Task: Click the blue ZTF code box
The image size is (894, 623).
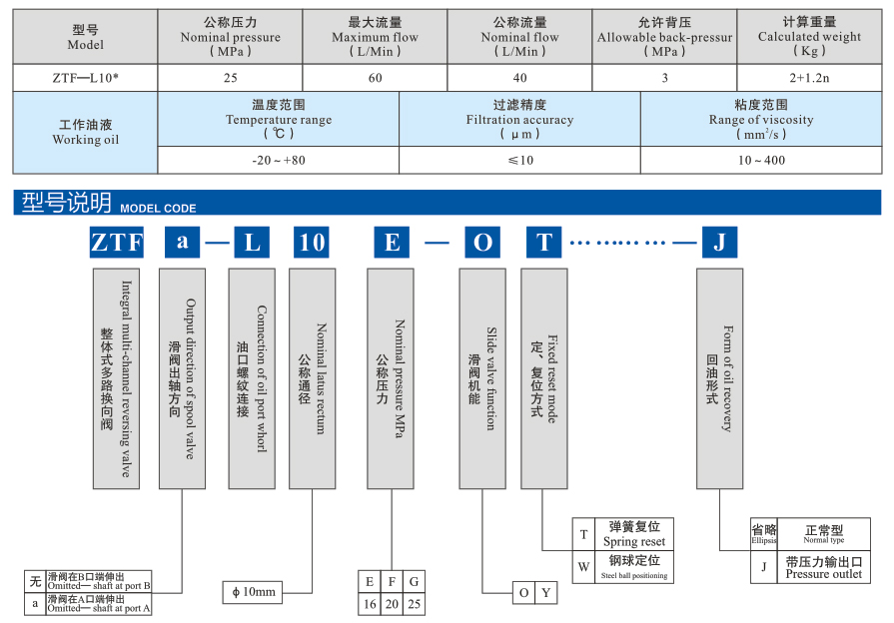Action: pyautogui.click(x=117, y=242)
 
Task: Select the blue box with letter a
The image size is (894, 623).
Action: pyautogui.click(x=182, y=242)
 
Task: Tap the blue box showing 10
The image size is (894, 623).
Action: pyautogui.click(x=313, y=242)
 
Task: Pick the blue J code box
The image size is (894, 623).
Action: pyautogui.click(x=719, y=242)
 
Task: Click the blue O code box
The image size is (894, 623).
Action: pyautogui.click(x=482, y=242)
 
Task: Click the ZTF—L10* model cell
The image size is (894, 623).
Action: pyautogui.click(x=85, y=77)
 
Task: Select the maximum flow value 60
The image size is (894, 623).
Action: pyautogui.click(x=375, y=77)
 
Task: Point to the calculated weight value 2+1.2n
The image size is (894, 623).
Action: pyautogui.click(x=809, y=77)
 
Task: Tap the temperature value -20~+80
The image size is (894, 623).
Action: pyautogui.click(x=279, y=160)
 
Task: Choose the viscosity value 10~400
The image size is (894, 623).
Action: pyautogui.click(x=761, y=160)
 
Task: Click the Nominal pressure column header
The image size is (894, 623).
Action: pyautogui.click(x=230, y=37)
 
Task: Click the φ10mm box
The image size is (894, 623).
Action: pyautogui.click(x=254, y=592)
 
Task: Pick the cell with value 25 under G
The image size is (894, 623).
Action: pyautogui.click(x=415, y=604)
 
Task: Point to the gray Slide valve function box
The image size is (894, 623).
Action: pyautogui.click(x=482, y=377)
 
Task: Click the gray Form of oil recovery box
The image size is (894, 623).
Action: pyautogui.click(x=719, y=377)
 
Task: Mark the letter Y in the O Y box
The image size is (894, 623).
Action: pyautogui.click(x=545, y=593)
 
